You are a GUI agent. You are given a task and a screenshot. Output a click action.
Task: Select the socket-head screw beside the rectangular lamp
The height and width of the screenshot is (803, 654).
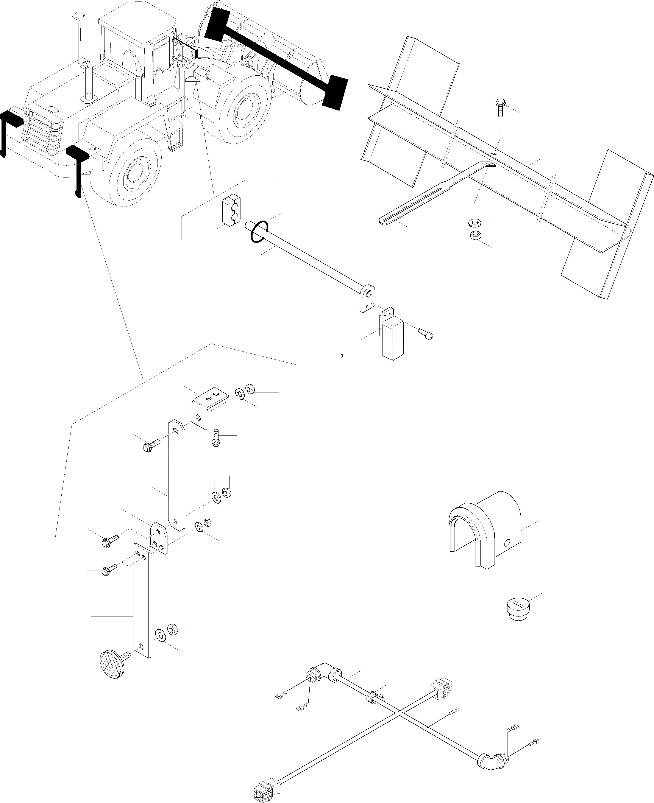click(x=426, y=333)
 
